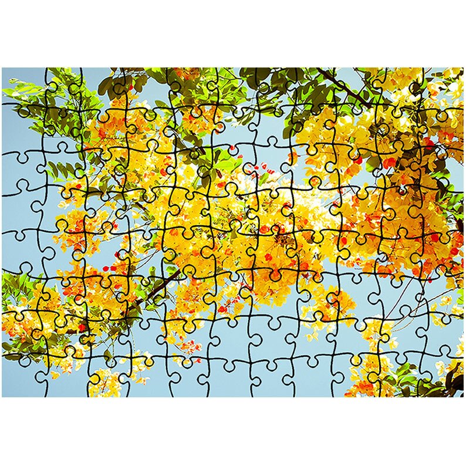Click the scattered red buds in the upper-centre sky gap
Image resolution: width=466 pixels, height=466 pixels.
pos(252,170)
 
